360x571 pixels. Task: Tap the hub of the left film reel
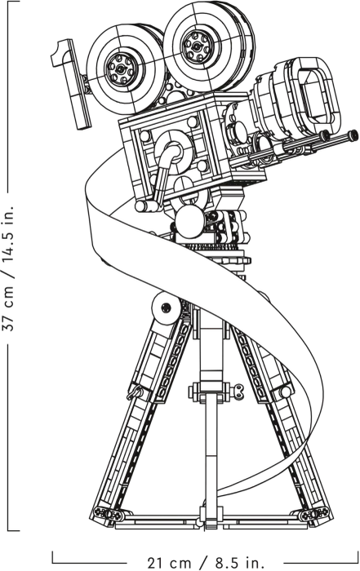(121, 68)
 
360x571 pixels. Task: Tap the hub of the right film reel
(198, 46)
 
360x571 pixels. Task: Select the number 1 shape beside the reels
(71, 83)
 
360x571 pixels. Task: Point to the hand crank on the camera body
(161, 171)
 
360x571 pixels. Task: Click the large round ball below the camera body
(189, 221)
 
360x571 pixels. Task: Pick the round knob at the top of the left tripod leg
(166, 307)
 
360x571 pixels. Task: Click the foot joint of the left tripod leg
(109, 514)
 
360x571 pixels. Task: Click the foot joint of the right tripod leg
(313, 514)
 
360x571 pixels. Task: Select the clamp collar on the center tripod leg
(211, 392)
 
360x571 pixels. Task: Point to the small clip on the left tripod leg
(136, 392)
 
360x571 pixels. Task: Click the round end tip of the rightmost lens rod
(352, 136)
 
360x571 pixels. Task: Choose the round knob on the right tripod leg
(286, 392)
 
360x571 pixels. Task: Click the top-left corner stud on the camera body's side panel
(145, 136)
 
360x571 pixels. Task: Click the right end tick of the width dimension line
(358, 557)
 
